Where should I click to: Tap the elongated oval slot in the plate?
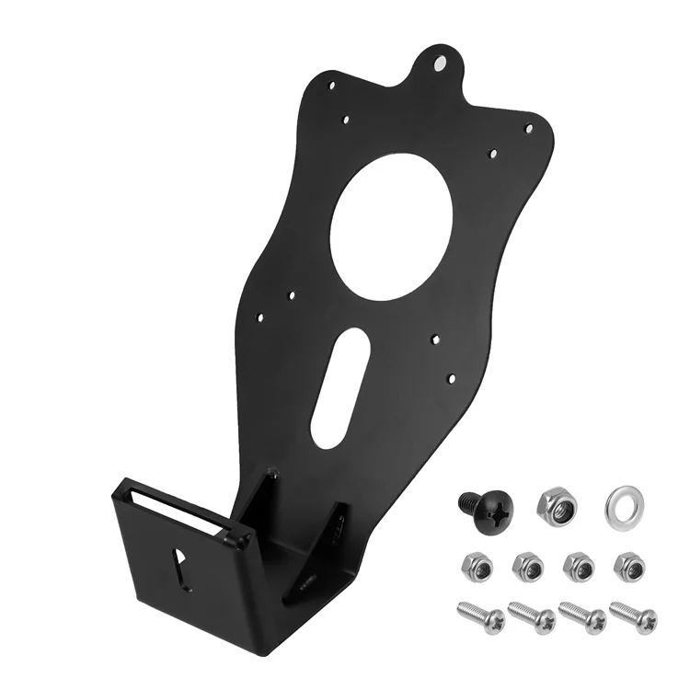(340, 387)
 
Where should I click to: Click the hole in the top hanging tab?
(440, 63)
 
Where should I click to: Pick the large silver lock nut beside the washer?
(557, 504)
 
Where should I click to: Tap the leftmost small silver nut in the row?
(476, 565)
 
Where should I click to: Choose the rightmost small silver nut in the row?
(628, 565)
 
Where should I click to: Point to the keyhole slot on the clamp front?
(181, 562)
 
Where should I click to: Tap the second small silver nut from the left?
(527, 565)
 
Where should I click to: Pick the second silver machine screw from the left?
(532, 616)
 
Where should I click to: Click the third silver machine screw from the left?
(582, 616)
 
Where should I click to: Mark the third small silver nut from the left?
(578, 565)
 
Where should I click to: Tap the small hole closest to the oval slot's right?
(431, 339)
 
